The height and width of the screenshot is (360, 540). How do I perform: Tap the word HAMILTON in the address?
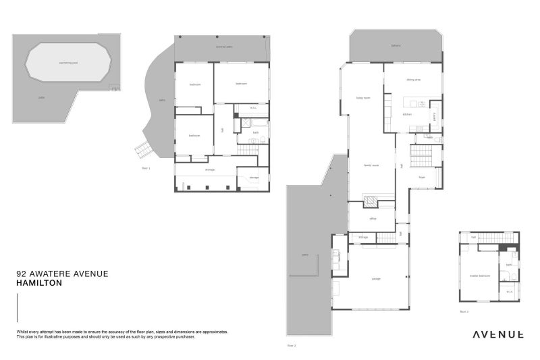point(39,284)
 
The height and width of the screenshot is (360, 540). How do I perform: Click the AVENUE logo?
point(497,334)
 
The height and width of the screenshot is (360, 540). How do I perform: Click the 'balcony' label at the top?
point(396,46)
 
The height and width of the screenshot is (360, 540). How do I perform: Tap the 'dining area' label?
point(413,80)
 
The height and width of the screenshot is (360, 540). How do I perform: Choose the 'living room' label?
point(363,97)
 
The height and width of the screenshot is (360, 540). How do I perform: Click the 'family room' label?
point(371,165)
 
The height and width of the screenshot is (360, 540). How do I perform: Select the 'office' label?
point(372,219)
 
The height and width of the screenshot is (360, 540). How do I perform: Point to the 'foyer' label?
point(421,177)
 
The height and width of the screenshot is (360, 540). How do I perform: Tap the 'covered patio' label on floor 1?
point(224,47)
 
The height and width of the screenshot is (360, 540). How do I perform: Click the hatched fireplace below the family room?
point(371,201)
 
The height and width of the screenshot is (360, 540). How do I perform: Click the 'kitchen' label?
point(407,115)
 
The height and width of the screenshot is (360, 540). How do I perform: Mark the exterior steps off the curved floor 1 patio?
point(142,151)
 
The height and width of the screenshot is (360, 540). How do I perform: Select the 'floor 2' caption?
point(291,345)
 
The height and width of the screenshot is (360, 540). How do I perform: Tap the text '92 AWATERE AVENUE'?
point(61,274)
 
